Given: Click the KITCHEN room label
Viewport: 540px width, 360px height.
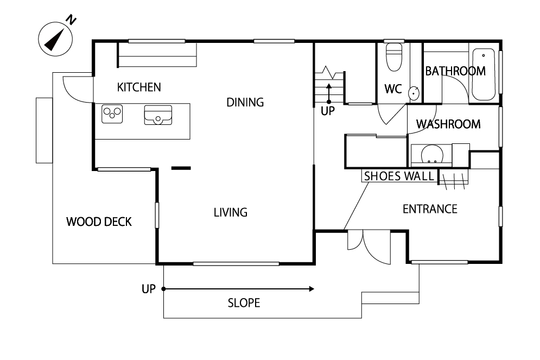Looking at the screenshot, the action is (139, 87).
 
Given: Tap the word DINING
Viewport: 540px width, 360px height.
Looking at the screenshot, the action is (245, 102).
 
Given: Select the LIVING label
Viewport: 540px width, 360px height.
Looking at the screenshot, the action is (231, 212).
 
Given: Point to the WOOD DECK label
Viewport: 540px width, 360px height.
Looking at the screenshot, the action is (99, 222).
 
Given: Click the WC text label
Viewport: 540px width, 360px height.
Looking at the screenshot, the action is (393, 89).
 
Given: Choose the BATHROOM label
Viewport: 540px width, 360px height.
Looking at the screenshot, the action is (455, 71).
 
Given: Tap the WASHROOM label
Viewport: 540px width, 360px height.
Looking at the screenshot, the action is (448, 124).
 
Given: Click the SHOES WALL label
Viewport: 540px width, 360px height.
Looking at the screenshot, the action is (399, 176).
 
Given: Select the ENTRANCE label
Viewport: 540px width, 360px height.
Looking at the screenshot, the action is (430, 209).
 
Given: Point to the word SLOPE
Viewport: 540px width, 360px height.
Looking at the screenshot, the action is (244, 303).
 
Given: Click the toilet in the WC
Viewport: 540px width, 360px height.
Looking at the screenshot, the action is (394, 57).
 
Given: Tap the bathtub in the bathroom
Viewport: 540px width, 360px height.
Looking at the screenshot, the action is (484, 74).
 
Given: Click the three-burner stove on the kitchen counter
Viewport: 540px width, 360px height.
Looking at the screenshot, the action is (112, 114).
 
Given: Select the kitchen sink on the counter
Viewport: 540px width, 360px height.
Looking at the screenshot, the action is (158, 115).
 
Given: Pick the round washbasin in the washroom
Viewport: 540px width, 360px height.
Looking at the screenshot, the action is (432, 154).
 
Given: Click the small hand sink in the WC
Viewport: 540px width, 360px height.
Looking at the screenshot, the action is (414, 93).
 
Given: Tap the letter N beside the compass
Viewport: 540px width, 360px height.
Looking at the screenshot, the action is (71, 20).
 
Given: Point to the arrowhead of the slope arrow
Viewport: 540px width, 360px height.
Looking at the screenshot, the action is (312, 289).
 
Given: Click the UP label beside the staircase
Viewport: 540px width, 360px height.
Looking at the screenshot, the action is (327, 111).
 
